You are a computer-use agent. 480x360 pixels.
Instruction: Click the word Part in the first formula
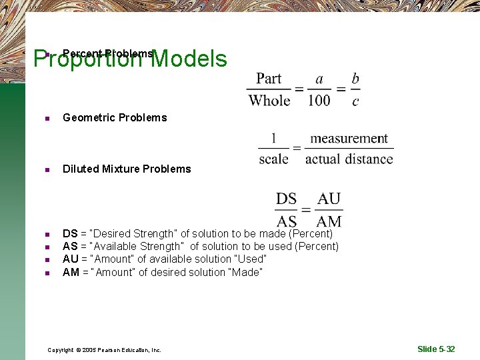(x=269, y=79)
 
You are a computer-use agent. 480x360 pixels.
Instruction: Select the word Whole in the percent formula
(x=269, y=101)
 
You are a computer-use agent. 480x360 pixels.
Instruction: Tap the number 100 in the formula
(x=319, y=101)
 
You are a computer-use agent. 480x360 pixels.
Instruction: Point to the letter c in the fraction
(x=355, y=101)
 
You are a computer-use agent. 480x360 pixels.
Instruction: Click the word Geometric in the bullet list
(x=87, y=118)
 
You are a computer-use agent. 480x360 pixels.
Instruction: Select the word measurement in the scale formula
(x=349, y=139)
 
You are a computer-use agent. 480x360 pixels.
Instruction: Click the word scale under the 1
(x=273, y=159)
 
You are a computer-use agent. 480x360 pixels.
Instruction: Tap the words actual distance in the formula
(x=349, y=159)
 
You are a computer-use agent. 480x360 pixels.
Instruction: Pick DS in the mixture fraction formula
(x=286, y=199)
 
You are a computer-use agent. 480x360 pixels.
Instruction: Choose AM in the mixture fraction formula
(x=329, y=221)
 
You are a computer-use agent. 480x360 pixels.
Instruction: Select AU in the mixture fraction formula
(x=329, y=199)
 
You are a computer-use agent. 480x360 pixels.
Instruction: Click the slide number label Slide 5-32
(x=436, y=349)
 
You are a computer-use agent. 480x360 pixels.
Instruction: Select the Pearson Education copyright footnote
(x=104, y=350)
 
